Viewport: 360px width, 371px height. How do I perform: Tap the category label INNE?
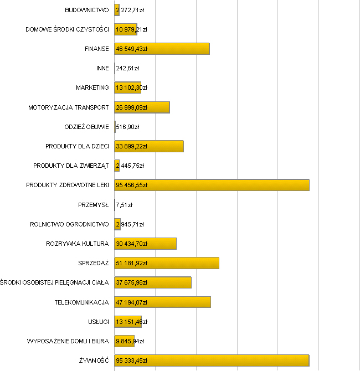pos(102,69)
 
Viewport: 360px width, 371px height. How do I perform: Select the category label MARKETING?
pos(92,87)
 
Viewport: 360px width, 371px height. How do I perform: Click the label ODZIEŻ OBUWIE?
pos(86,127)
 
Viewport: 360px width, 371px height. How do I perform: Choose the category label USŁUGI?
pos(98,322)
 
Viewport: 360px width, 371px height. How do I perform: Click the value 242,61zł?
pos(127,69)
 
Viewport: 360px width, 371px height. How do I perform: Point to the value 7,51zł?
pos(124,205)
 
